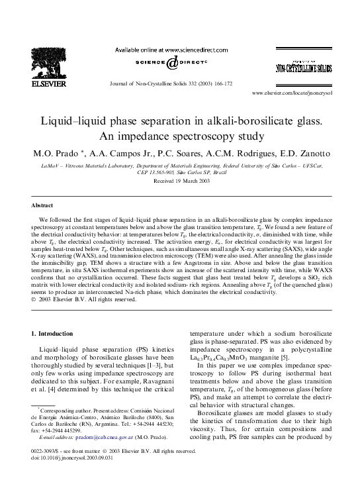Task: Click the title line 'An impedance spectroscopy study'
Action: pos(180,136)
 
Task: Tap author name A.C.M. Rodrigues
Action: pos(224,153)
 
